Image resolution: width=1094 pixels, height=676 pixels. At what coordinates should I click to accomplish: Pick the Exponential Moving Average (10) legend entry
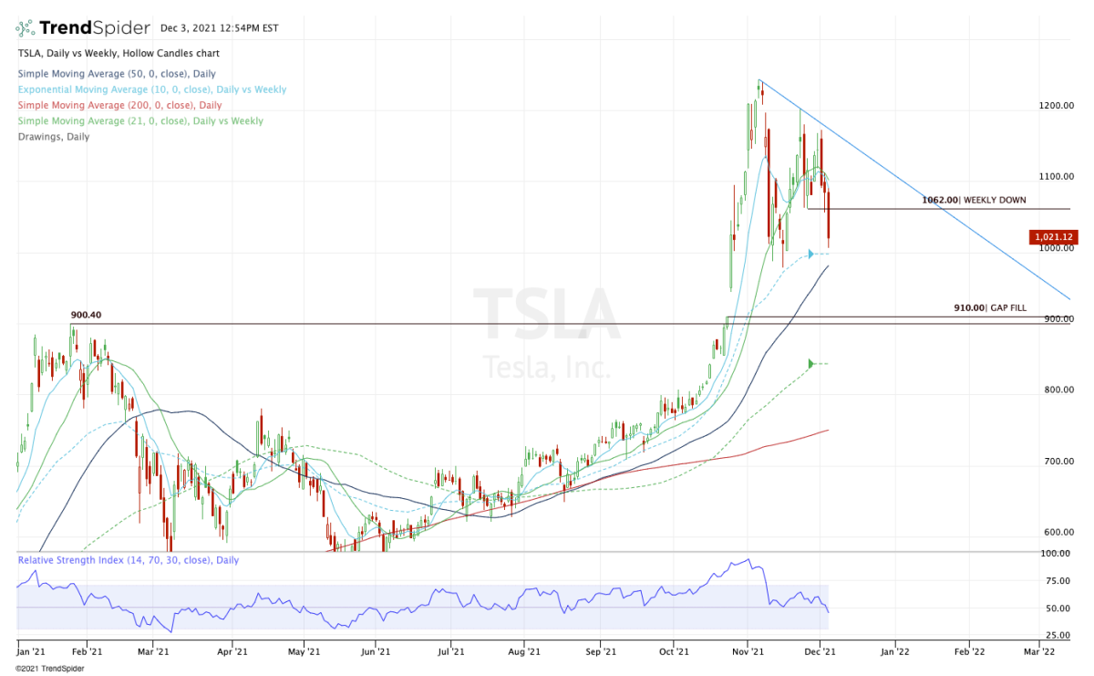(151, 89)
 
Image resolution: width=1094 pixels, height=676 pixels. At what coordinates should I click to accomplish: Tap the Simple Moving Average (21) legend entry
(139, 121)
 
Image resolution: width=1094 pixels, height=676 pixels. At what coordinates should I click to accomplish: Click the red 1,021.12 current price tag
(1053, 237)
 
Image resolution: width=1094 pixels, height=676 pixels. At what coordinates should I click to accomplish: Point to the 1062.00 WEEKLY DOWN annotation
(975, 200)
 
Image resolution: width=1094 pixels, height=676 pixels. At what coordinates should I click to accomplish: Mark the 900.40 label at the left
(86, 316)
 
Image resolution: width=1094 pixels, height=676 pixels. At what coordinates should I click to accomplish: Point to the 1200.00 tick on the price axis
(1055, 106)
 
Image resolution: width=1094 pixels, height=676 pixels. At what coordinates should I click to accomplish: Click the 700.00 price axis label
(1055, 462)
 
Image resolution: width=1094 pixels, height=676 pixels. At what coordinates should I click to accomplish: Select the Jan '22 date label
(894, 652)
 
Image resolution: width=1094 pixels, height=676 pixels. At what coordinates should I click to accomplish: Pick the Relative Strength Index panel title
(128, 560)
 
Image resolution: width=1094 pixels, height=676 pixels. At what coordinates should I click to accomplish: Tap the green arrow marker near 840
(810, 364)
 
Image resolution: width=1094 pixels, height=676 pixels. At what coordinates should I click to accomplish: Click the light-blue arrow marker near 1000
(810, 254)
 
